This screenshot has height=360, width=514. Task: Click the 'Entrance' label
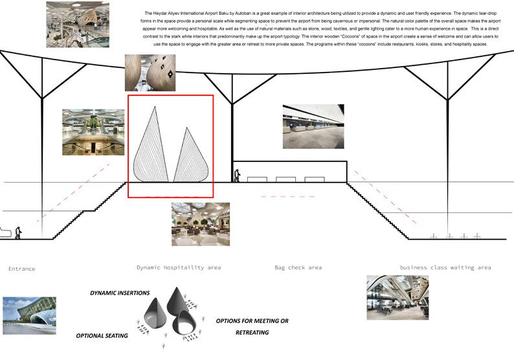click(x=21, y=269)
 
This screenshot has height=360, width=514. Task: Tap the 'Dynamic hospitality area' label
click(x=179, y=267)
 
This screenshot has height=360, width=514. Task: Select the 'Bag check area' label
click(x=298, y=267)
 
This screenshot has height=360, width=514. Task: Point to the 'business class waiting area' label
click(x=445, y=267)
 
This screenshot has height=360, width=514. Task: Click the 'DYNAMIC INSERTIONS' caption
click(x=120, y=293)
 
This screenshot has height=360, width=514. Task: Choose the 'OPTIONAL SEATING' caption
click(x=102, y=336)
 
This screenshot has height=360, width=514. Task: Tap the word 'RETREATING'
click(x=252, y=332)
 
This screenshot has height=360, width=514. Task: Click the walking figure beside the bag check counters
click(x=236, y=175)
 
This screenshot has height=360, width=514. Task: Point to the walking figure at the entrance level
click(x=18, y=233)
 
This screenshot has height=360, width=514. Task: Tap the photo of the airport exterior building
click(x=30, y=316)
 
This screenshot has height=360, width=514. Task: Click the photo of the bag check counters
click(x=313, y=126)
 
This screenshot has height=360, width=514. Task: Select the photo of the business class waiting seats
click(x=397, y=297)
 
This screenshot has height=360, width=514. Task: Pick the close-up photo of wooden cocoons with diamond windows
click(x=150, y=73)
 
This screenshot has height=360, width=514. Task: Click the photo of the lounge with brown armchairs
click(x=201, y=224)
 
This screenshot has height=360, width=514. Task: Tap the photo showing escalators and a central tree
click(x=93, y=132)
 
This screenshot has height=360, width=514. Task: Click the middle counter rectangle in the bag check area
click(x=286, y=179)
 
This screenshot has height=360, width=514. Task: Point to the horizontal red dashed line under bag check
click(x=288, y=197)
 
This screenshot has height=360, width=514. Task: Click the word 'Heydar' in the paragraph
click(x=161, y=14)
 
